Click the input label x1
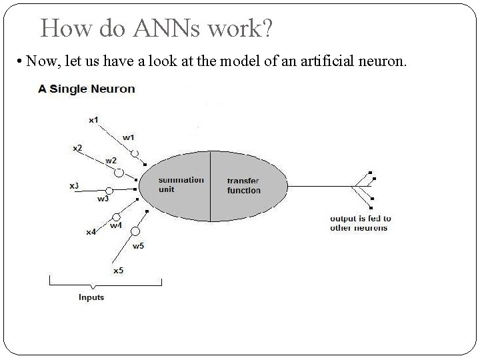click(93, 120)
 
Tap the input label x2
click(78, 147)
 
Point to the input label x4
click(91, 232)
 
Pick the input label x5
click(117, 270)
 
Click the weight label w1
click(128, 138)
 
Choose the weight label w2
click(111, 161)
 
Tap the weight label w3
click(103, 199)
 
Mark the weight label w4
click(116, 225)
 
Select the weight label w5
click(138, 246)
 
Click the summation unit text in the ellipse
click(181, 185)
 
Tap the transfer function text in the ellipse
click(243, 185)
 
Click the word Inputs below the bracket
click(91, 297)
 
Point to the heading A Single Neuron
click(86, 89)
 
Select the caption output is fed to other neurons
click(360, 223)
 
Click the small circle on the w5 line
click(135, 231)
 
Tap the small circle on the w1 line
click(135, 153)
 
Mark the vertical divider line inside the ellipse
click(211, 187)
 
